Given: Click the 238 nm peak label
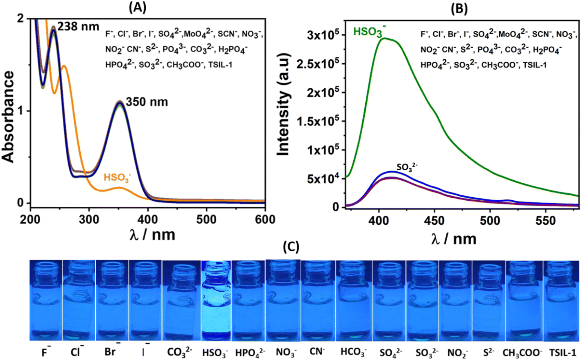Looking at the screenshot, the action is (78, 27).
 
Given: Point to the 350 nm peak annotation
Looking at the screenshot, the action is (147, 102).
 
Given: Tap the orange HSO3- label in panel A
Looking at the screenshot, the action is (118, 178).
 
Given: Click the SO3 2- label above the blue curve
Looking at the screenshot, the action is (407, 167).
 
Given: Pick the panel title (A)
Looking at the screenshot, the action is (138, 8).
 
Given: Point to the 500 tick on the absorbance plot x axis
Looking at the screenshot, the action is (206, 220).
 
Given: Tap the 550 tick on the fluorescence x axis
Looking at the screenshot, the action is (545, 221).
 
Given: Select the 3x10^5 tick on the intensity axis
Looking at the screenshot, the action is (323, 35).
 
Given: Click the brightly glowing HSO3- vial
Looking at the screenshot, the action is (216, 301).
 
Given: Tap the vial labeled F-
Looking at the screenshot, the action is (46, 300).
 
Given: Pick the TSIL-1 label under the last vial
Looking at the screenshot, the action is (562, 353).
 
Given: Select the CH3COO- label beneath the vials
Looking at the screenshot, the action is (523, 353).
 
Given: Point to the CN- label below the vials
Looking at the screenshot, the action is (317, 352).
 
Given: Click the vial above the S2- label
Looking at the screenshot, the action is (489, 301).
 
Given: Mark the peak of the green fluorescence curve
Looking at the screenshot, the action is (384, 38).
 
